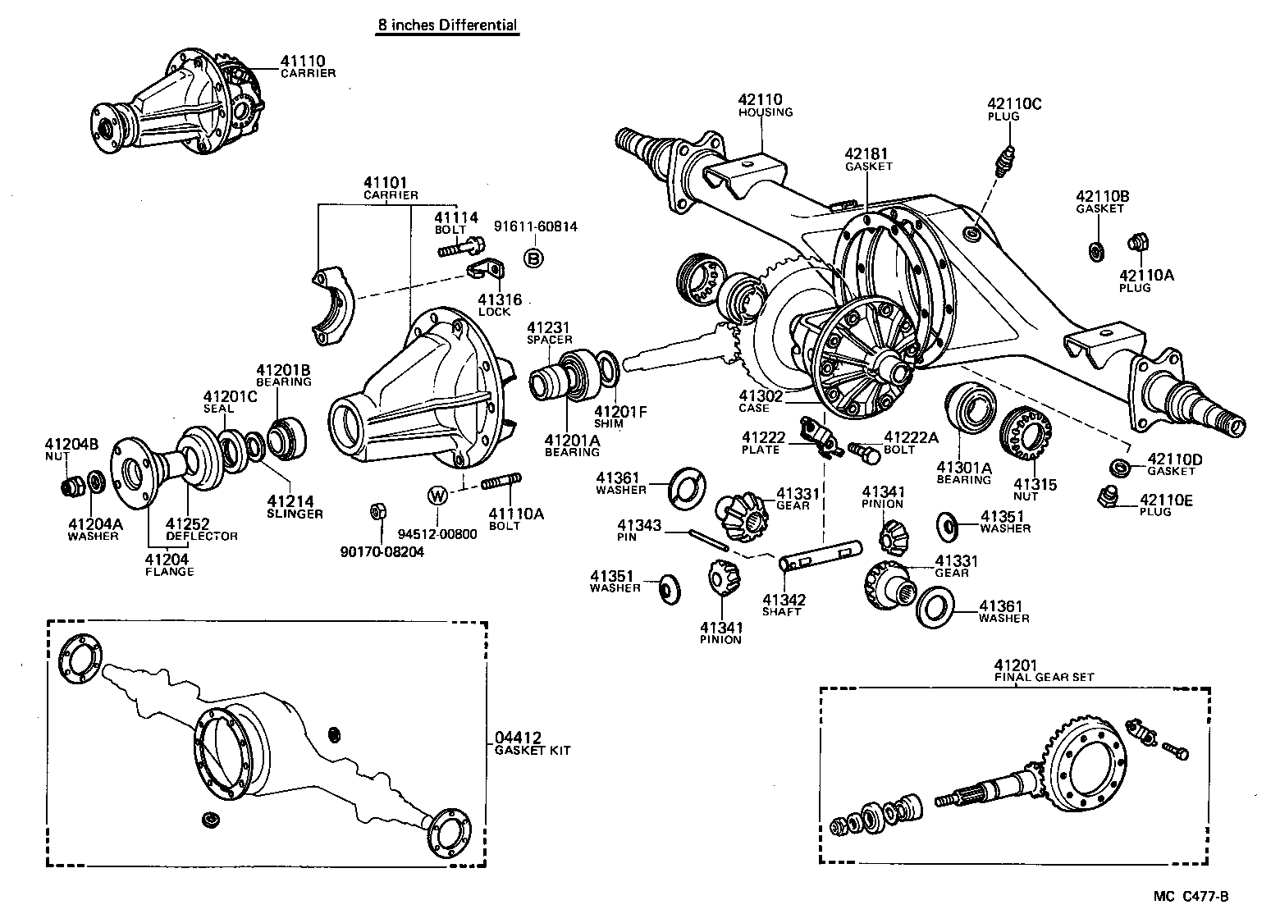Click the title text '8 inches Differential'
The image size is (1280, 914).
tap(447, 25)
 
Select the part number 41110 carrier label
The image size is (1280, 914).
tap(303, 61)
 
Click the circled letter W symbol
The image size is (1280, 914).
tap(437, 496)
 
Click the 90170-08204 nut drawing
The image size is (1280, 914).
tap(377, 511)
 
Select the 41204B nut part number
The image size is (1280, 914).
tap(71, 445)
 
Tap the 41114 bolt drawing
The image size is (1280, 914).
tap(462, 245)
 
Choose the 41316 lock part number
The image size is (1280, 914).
tap(500, 300)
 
